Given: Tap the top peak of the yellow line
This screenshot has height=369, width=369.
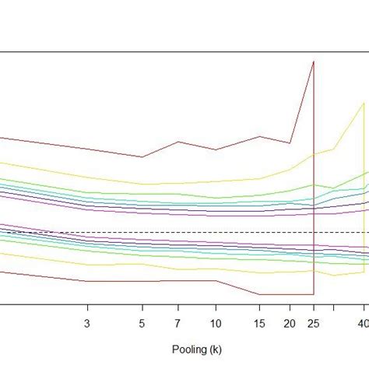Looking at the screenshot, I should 363,104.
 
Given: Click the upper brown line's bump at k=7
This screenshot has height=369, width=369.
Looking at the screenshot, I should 178,142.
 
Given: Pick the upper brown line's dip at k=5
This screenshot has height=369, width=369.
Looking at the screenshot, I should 142,156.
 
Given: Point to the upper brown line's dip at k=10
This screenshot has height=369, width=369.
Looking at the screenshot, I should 216,150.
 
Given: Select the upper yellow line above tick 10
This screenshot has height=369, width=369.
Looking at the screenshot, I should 216,182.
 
